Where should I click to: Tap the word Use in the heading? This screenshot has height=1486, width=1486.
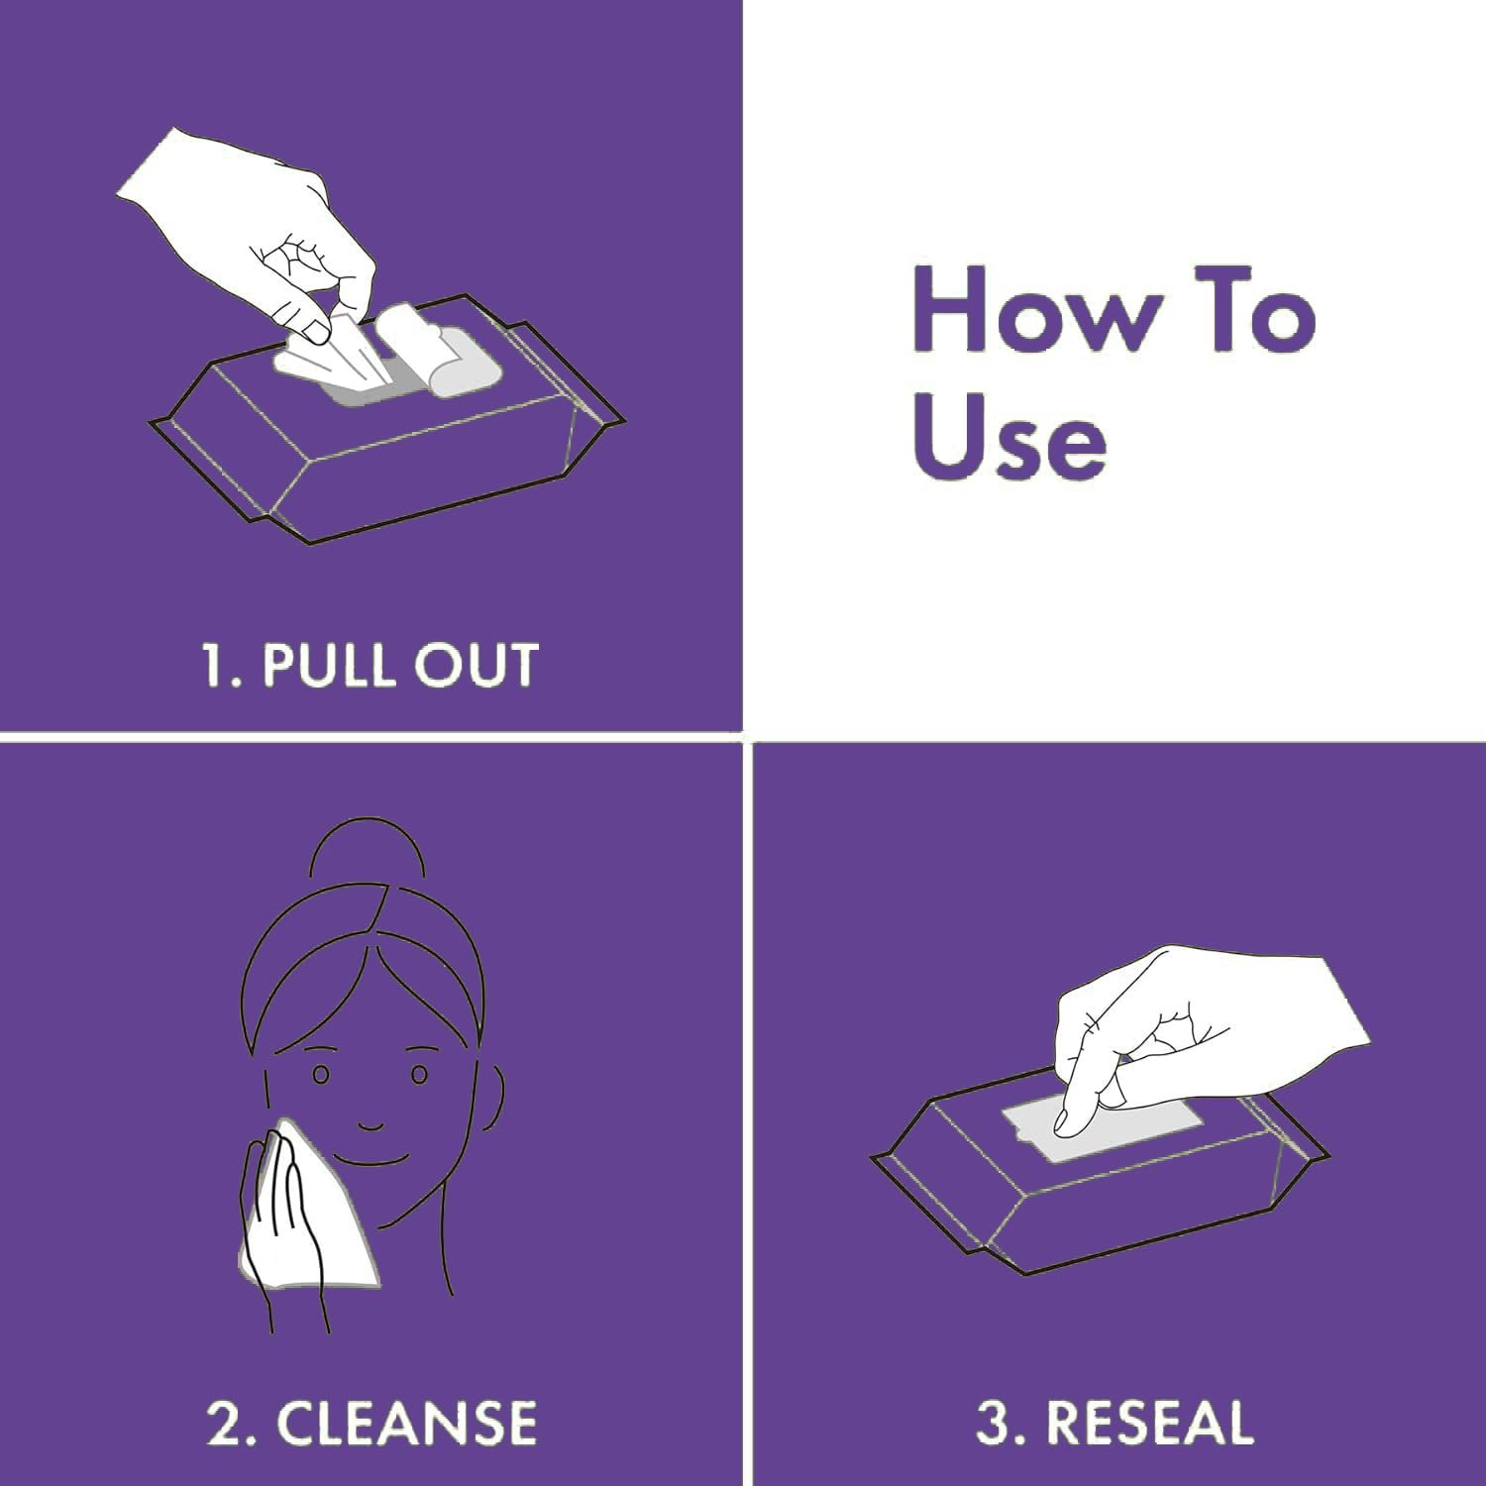click(x=1008, y=438)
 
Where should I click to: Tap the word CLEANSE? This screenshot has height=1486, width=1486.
click(x=406, y=1422)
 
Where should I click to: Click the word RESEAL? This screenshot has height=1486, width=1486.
click(x=1149, y=1423)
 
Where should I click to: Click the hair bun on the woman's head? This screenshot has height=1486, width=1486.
click(x=368, y=852)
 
